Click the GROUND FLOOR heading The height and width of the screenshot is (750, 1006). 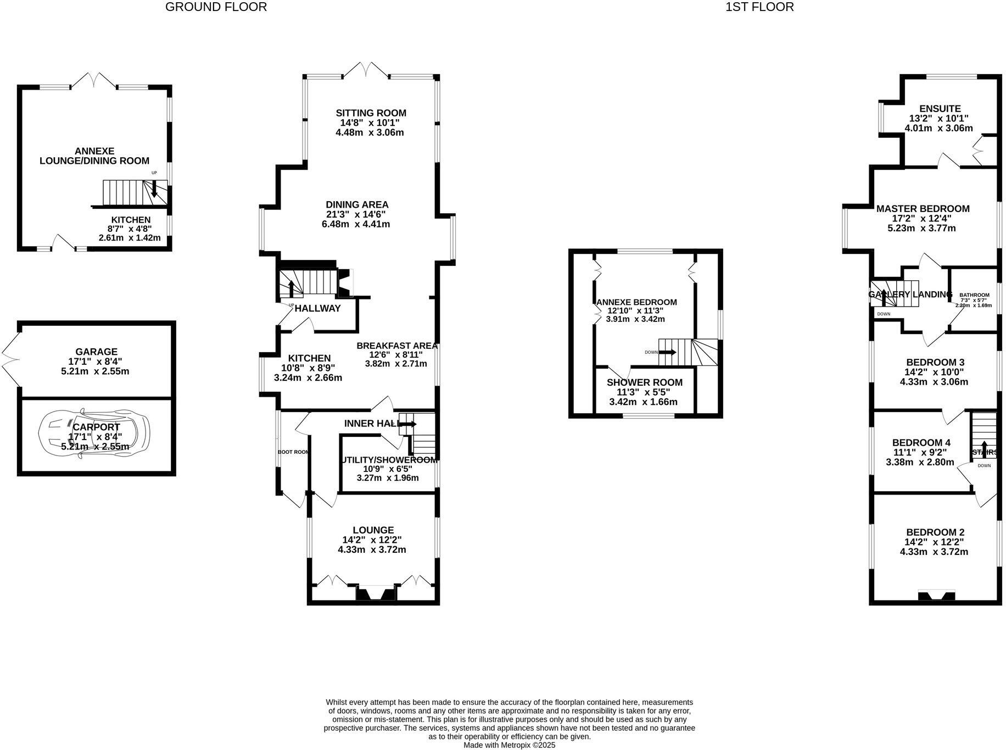click(216, 7)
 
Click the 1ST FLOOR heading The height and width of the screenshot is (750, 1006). click(759, 7)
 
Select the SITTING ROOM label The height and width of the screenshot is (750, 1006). click(371, 113)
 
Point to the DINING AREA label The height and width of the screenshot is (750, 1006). click(357, 204)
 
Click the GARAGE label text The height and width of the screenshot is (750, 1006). click(97, 352)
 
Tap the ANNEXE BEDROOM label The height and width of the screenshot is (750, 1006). click(636, 302)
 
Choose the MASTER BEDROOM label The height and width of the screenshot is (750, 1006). click(923, 209)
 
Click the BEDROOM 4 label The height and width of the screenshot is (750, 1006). click(921, 443)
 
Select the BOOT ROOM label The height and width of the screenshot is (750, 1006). click(293, 452)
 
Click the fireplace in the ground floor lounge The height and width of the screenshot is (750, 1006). click(376, 594)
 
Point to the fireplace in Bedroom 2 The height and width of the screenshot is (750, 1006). click(936, 595)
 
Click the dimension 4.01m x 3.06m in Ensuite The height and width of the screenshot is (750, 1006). click(938, 129)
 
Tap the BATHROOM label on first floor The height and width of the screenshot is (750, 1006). click(974, 295)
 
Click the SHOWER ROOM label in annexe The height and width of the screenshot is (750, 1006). click(644, 382)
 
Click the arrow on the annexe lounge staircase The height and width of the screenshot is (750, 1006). click(154, 189)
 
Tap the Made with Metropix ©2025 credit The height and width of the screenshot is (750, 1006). click(509, 745)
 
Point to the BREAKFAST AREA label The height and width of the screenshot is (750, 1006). click(397, 346)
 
